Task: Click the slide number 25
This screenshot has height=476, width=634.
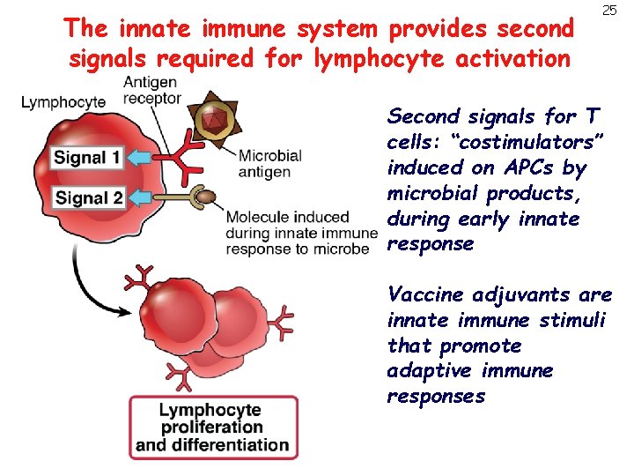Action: [x=608, y=11]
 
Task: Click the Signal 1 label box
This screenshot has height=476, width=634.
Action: [x=87, y=160]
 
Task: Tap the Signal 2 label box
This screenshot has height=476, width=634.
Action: [x=88, y=197]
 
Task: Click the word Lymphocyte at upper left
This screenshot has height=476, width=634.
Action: [x=63, y=102]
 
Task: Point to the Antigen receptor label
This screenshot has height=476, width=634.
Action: [x=151, y=89]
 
